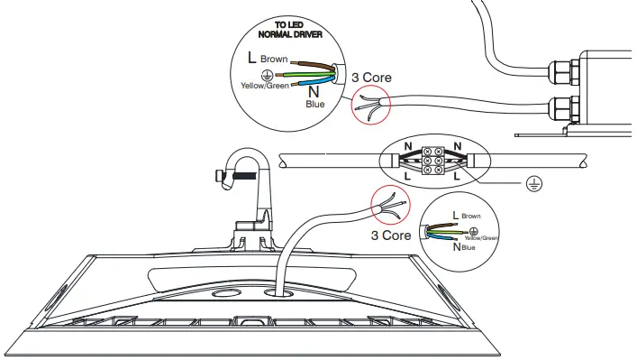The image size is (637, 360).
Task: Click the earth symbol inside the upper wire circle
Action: [266, 74]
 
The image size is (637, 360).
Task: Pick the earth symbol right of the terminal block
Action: [533, 183]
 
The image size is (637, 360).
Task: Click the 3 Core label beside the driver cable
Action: [371, 78]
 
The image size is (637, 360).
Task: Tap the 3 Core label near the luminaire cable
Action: [391, 235]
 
